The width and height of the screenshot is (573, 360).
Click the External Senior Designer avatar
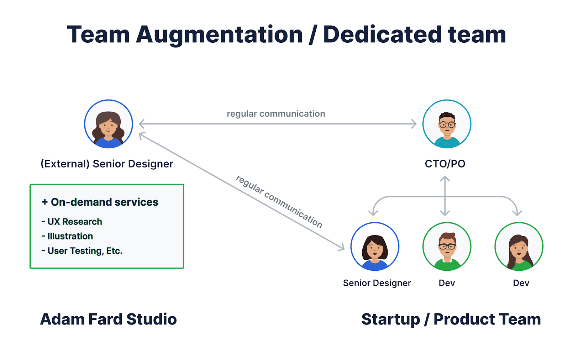click(109, 124)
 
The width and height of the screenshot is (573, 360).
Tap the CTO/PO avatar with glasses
click(447, 124)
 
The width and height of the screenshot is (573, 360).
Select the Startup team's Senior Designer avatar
click(375, 247)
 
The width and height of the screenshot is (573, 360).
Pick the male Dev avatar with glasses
click(447, 247)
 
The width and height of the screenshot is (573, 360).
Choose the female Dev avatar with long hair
click(519, 247)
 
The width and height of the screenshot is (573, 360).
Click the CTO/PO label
click(445, 164)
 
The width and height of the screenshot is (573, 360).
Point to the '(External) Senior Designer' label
click(107, 164)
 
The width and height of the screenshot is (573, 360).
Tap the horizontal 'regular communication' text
click(276, 114)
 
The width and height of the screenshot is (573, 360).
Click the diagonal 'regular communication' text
click(279, 201)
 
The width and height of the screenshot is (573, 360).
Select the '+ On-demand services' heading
click(100, 202)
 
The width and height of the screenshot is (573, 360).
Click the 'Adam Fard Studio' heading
click(108, 319)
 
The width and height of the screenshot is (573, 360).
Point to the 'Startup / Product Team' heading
click(451, 319)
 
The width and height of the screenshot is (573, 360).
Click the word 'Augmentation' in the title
click(219, 35)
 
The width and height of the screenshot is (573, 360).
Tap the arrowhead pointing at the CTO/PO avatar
click(414, 124)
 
